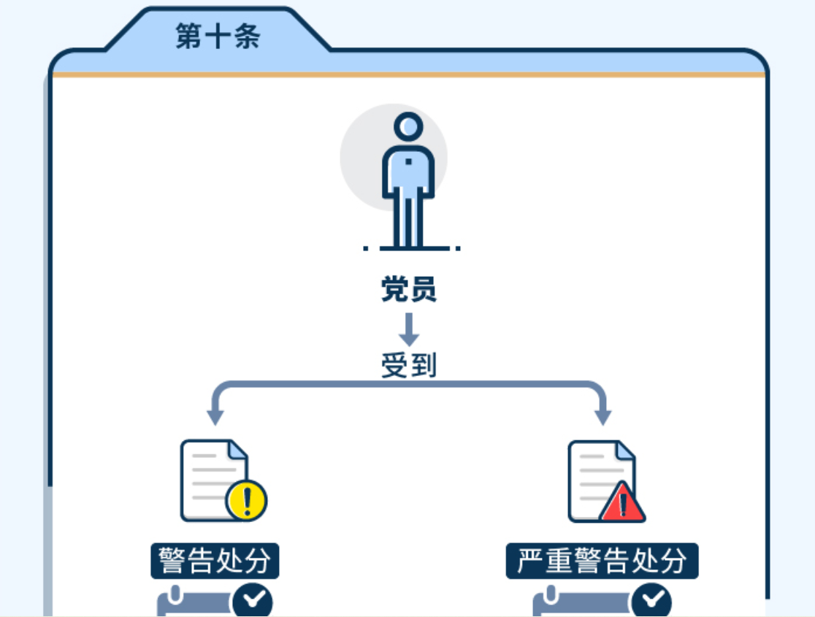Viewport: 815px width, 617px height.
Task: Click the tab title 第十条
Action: [x=218, y=36]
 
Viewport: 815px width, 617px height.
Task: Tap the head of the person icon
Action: [x=408, y=126]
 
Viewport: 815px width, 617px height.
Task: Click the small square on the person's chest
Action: [x=408, y=161]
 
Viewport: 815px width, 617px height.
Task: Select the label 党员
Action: [x=408, y=289]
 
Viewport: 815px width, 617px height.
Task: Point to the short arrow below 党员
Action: [x=409, y=329]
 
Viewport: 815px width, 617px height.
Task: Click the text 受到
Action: [x=408, y=365]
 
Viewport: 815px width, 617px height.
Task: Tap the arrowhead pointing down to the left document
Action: [x=215, y=418]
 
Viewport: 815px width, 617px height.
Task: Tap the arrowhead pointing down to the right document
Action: [x=603, y=418]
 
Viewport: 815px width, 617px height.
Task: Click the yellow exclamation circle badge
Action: [x=246, y=500]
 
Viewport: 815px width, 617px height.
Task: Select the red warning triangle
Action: [x=623, y=503]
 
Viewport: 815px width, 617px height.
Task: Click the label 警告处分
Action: [x=215, y=561]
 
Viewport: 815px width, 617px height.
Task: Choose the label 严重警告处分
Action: [x=602, y=561]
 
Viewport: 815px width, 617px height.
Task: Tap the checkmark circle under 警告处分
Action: [x=253, y=600]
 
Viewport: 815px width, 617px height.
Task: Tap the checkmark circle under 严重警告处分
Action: [x=651, y=600]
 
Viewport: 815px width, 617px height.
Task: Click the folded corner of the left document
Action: [x=237, y=450]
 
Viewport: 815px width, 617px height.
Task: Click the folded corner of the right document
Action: [x=625, y=451]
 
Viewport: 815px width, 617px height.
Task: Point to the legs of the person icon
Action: [x=408, y=221]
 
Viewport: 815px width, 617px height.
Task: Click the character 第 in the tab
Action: [x=189, y=36]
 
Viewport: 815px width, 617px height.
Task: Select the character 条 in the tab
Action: [x=247, y=36]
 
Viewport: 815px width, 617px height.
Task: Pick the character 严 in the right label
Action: [x=530, y=561]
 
